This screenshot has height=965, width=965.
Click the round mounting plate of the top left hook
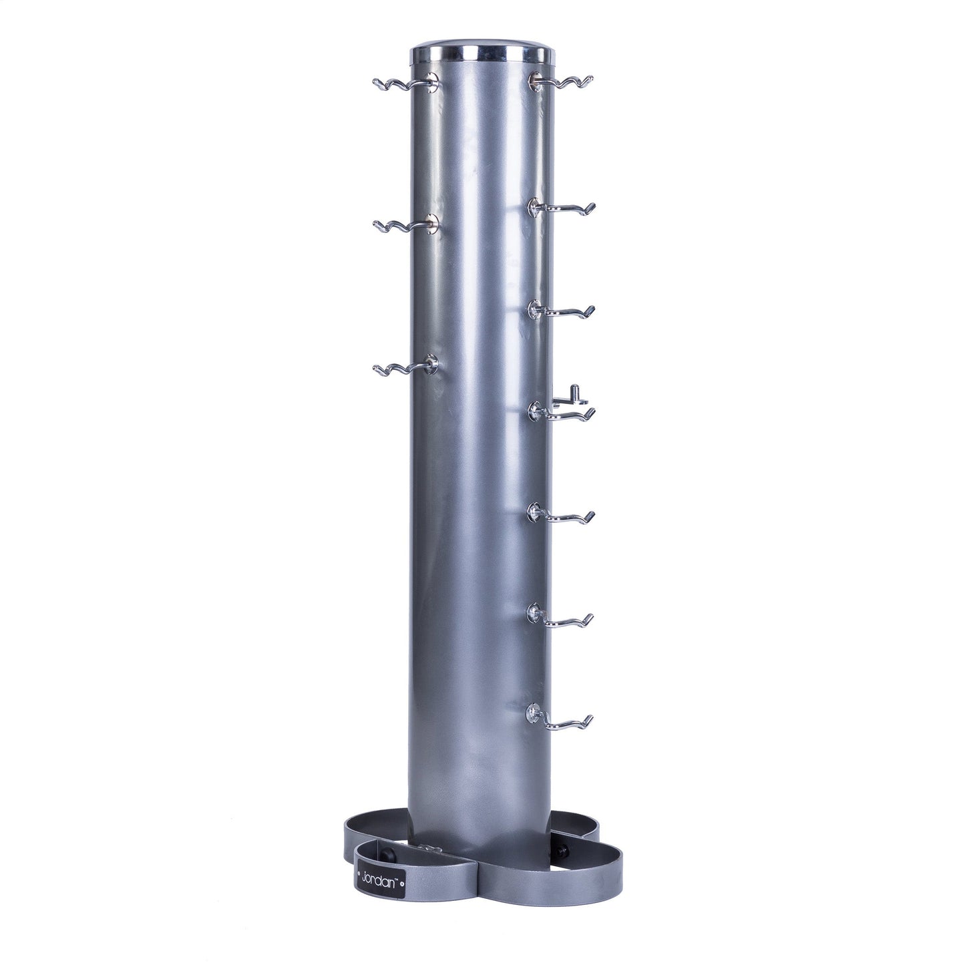[x=433, y=83]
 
